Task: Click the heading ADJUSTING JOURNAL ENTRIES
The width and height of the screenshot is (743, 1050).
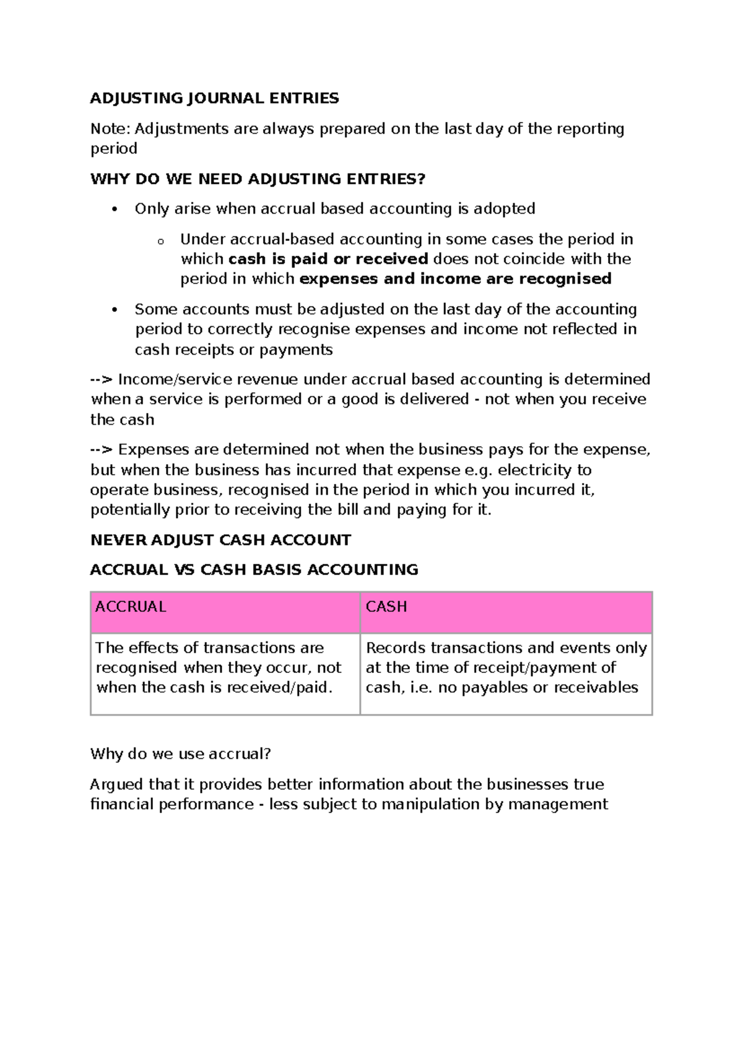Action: click(214, 98)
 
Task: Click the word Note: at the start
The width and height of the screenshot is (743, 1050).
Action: click(110, 129)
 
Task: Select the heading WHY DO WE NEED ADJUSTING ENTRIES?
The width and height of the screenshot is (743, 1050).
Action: click(258, 179)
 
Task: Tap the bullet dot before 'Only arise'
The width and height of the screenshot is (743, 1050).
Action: click(113, 209)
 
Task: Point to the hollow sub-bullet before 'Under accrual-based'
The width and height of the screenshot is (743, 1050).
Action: click(160, 241)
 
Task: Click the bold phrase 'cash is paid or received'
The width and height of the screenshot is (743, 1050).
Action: click(328, 259)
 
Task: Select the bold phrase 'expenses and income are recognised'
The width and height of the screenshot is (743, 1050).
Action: click(455, 279)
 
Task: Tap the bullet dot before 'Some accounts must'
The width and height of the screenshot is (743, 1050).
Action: click(113, 310)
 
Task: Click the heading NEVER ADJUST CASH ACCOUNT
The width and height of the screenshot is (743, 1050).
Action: click(220, 540)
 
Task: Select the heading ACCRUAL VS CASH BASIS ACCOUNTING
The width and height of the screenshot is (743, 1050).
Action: click(254, 570)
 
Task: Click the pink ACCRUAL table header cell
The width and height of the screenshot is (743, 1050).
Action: click(225, 612)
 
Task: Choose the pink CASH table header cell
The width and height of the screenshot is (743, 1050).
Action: click(506, 612)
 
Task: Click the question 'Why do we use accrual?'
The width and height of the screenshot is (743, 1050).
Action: click(180, 754)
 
